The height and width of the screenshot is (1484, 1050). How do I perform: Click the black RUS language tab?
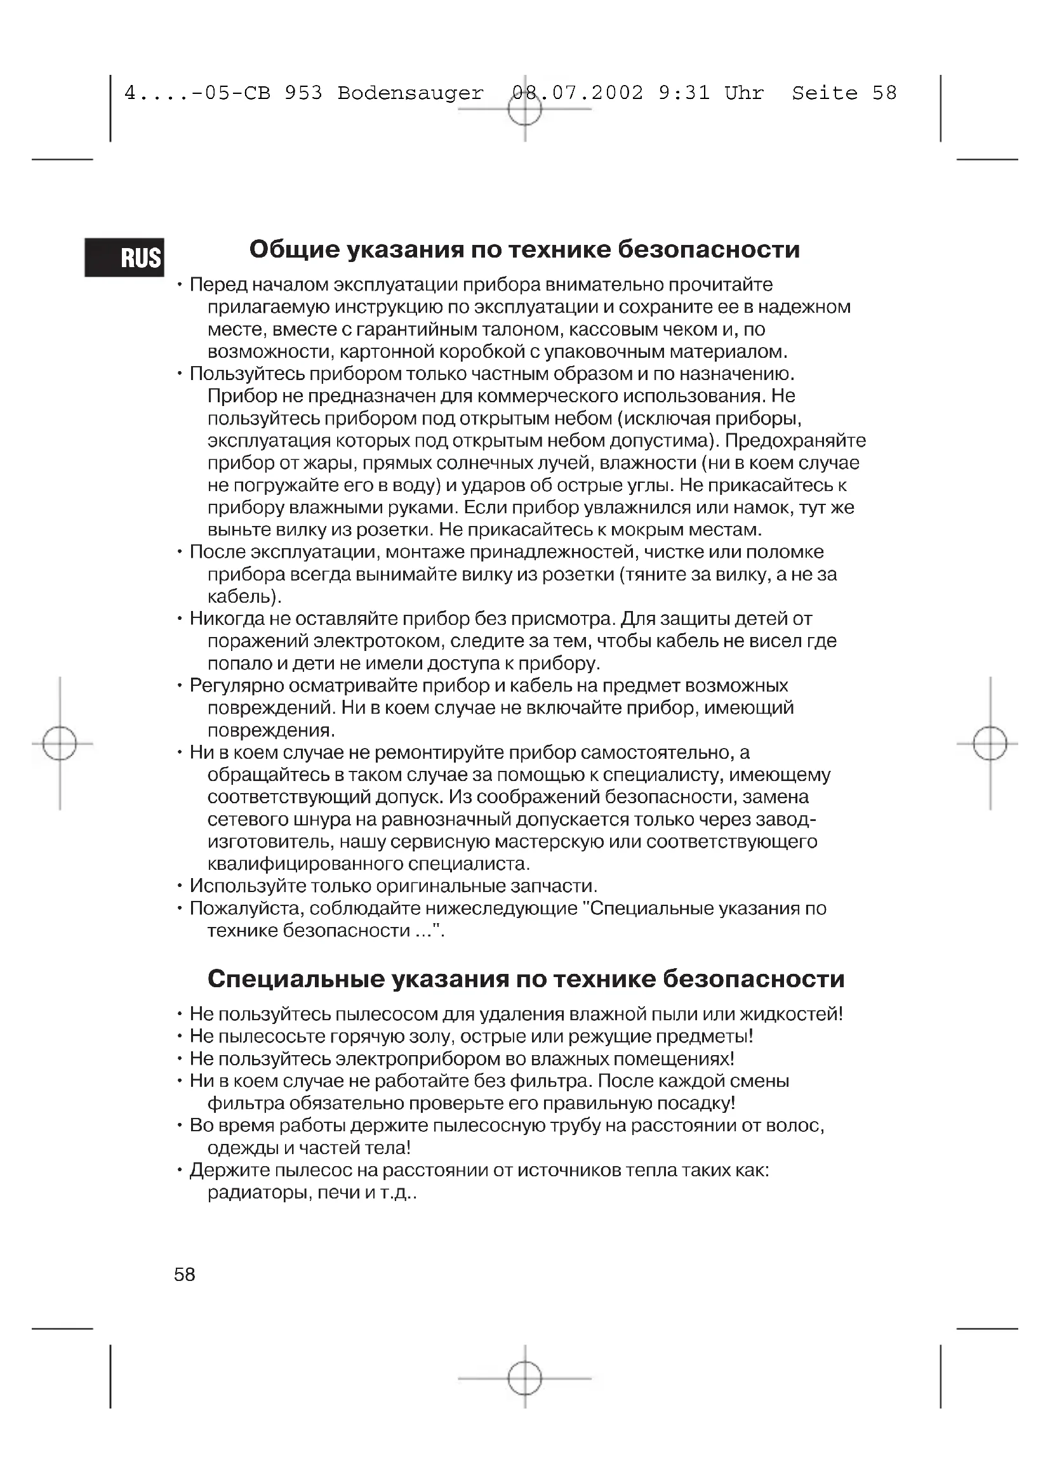(x=124, y=257)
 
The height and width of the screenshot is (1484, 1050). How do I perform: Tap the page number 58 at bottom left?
(x=184, y=1274)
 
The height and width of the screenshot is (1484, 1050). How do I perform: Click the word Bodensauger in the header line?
(x=410, y=93)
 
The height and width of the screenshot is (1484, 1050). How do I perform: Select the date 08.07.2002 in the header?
(x=577, y=93)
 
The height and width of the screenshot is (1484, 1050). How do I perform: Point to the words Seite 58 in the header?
(x=844, y=93)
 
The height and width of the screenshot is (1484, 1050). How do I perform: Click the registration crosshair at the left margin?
(x=60, y=744)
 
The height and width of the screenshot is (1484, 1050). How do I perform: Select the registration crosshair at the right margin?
(x=990, y=744)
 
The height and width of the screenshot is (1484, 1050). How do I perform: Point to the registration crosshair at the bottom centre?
(x=524, y=1378)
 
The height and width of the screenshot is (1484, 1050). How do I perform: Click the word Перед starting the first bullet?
(x=218, y=285)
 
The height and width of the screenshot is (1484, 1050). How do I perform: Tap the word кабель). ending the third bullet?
(x=244, y=596)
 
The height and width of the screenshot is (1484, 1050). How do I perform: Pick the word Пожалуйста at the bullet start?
(x=246, y=909)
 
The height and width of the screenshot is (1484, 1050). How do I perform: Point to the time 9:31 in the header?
(x=684, y=93)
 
